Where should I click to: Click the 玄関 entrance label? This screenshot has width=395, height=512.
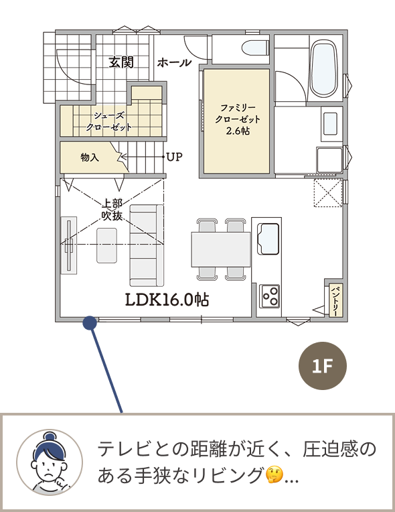point(121,62)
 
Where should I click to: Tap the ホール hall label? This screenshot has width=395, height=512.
point(174,62)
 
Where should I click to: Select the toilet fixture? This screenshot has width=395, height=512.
point(255,48)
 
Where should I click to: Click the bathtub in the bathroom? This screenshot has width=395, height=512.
point(323,68)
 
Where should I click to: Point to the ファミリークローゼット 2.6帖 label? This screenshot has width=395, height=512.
point(238,119)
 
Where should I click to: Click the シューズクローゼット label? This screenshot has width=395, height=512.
point(108,121)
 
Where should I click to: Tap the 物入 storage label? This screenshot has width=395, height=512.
point(90,157)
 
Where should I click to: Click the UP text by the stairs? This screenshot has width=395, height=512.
point(175,157)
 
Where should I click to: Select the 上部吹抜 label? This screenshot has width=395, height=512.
point(112,209)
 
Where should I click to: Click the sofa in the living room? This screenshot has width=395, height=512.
point(147,245)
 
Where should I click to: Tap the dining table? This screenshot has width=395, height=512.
point(221,249)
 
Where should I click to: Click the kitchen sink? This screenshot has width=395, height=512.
point(268,239)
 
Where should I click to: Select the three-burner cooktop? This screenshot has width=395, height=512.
point(269,296)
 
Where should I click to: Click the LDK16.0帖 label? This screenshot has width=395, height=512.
point(167,300)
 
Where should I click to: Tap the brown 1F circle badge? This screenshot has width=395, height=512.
point(323,366)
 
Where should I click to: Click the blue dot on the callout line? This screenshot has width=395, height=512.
point(90,323)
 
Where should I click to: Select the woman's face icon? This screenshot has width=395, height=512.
point(50,462)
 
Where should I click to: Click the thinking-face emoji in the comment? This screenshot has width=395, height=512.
point(274,475)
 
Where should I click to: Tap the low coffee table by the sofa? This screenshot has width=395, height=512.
point(107,245)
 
